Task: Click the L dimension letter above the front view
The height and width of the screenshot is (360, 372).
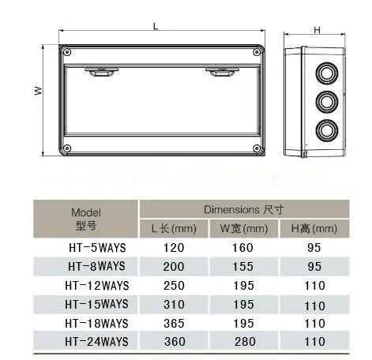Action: click(x=156, y=26)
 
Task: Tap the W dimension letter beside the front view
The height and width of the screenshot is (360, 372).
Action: click(x=39, y=91)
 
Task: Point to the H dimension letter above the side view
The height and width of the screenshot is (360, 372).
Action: click(x=317, y=30)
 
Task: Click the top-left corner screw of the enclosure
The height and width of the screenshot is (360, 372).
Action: click(x=67, y=52)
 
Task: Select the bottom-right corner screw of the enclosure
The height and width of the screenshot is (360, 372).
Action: click(x=257, y=148)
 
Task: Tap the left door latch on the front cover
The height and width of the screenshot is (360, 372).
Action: click(x=102, y=72)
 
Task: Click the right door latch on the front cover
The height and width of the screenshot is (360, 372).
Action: click(x=222, y=72)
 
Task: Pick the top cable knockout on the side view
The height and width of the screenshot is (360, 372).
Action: click(x=327, y=73)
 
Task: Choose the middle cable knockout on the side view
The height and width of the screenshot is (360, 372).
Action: click(x=327, y=102)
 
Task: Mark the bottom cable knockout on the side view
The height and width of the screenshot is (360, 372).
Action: click(x=327, y=131)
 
